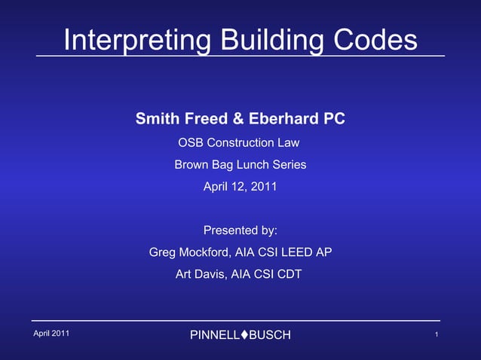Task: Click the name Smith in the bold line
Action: click(155, 119)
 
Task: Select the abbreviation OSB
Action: click(190, 142)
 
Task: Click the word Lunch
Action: click(251, 164)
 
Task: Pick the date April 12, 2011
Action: click(240, 186)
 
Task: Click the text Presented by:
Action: click(240, 230)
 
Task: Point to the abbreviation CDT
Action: click(289, 274)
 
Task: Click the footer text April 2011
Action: click(51, 333)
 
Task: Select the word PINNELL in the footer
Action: click(215, 334)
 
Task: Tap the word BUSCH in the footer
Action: click(269, 334)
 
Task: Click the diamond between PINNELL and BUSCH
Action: click(244, 334)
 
